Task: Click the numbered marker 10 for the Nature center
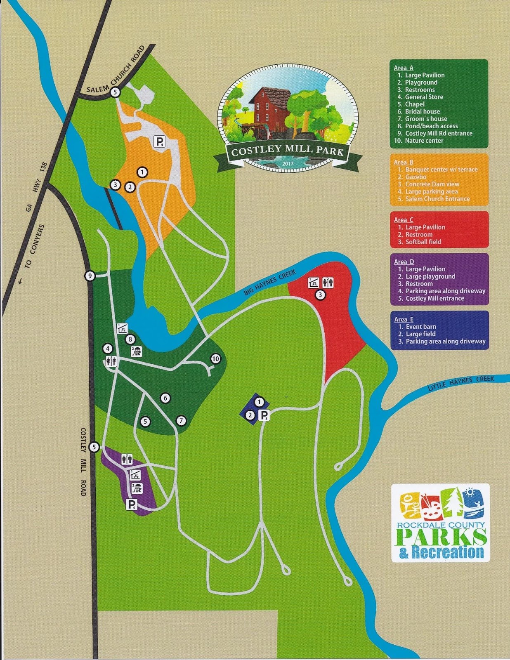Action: (x=215, y=359)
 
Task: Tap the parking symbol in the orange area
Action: (x=159, y=142)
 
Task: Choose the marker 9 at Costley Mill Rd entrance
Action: (x=90, y=276)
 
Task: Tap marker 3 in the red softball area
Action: (x=320, y=295)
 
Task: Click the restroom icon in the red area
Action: (x=328, y=283)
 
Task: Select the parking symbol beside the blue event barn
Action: (x=264, y=415)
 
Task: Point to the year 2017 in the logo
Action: (x=288, y=164)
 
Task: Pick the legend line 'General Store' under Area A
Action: (x=424, y=97)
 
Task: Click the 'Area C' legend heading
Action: (x=403, y=220)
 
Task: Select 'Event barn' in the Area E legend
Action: (x=420, y=327)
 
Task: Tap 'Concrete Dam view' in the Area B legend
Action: (x=432, y=184)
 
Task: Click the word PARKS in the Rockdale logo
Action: (x=441, y=537)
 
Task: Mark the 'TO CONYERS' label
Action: (x=34, y=246)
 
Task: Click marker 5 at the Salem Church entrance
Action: (x=115, y=92)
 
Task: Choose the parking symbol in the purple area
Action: (x=131, y=504)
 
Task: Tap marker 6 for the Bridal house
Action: (x=165, y=398)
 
